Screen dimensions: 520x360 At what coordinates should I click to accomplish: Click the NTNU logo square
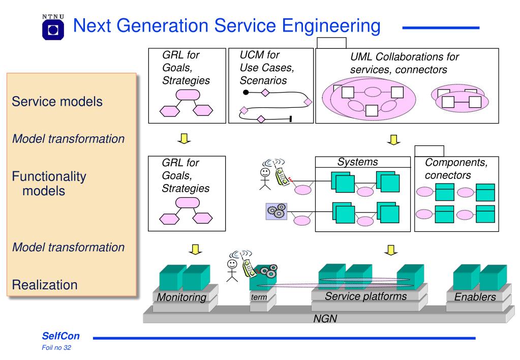coord(53,30)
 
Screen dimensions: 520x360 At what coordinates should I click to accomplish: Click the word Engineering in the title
coord(331,26)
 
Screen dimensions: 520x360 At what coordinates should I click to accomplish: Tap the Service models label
coord(57,102)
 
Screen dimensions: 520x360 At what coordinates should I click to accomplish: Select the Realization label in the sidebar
coord(45,285)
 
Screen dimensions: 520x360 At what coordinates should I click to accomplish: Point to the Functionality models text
coord(49,184)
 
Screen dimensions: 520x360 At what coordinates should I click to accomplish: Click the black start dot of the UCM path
coord(246,92)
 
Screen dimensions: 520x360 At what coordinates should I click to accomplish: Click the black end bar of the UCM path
coord(291,119)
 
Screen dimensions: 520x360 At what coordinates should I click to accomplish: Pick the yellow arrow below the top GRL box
coord(184,139)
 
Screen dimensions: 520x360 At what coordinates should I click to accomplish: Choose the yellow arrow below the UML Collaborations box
coord(393,140)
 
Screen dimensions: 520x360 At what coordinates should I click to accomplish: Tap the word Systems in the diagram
coord(357,162)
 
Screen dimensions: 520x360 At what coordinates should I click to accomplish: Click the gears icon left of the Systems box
coord(277,212)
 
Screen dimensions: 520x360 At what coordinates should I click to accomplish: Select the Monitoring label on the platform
coord(181,297)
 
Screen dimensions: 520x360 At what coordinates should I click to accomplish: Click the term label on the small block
coord(259,297)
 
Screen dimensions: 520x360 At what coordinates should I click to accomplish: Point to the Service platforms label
coord(366,296)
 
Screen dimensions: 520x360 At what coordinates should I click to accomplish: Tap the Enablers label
coord(475,296)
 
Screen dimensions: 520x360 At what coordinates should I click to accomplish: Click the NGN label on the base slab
coord(325,318)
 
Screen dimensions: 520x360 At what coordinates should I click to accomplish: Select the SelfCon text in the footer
coord(60,336)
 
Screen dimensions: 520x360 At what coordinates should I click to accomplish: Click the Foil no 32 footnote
coord(56,348)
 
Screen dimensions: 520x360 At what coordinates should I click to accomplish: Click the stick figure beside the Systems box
coord(265,179)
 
